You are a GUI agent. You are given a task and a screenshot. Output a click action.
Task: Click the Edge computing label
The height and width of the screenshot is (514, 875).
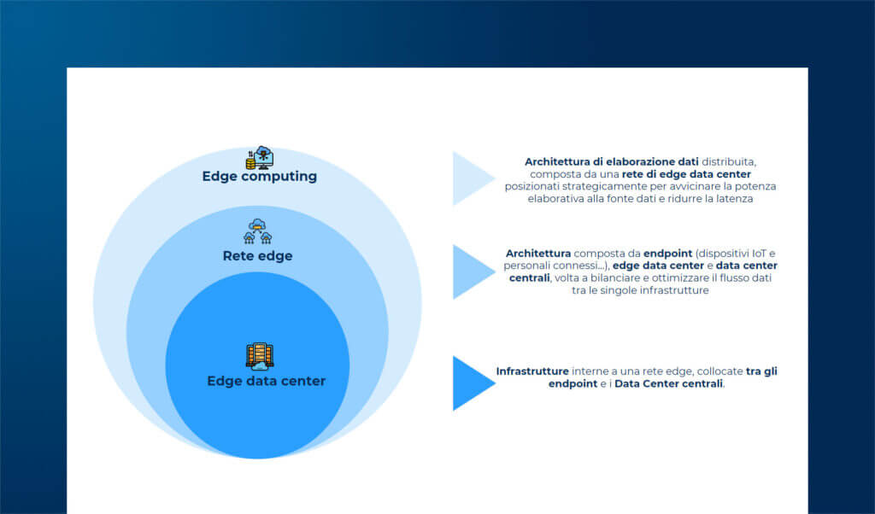point(259,177)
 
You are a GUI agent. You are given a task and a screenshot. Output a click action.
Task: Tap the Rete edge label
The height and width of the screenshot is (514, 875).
point(257,255)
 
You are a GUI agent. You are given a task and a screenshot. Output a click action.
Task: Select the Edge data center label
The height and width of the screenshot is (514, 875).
point(266,381)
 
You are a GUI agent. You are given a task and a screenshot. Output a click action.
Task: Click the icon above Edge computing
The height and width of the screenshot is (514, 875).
point(259,157)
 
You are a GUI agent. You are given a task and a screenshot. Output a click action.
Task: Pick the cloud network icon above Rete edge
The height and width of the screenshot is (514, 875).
point(257,231)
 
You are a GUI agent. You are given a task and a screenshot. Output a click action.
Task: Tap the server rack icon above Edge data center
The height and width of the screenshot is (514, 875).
point(259,356)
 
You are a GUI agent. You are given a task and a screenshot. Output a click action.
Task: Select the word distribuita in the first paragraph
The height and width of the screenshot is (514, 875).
point(729,161)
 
